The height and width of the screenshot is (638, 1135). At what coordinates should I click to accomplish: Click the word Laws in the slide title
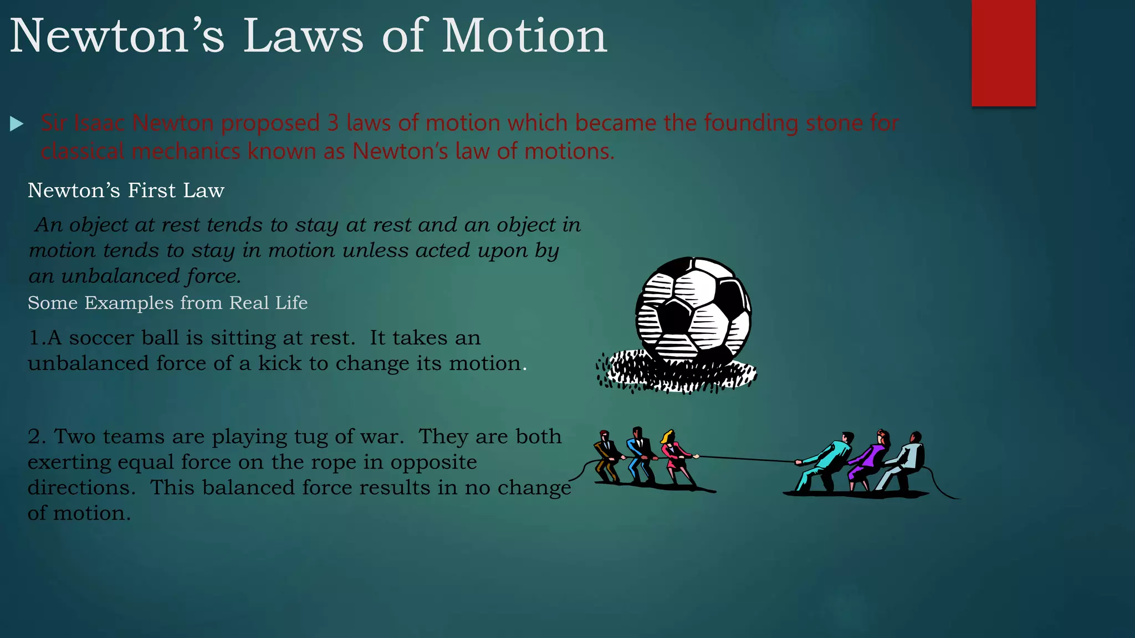(303, 36)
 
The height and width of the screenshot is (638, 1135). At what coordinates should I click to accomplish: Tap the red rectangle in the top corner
(1003, 53)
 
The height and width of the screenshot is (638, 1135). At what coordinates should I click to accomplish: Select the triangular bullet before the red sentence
(17, 124)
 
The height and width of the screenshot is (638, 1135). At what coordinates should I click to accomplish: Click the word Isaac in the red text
(99, 123)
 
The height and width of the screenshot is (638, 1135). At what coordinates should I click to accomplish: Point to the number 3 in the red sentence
(333, 123)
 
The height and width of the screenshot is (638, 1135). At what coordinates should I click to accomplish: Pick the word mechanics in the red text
(187, 151)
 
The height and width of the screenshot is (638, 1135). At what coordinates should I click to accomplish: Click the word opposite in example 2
(433, 462)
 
